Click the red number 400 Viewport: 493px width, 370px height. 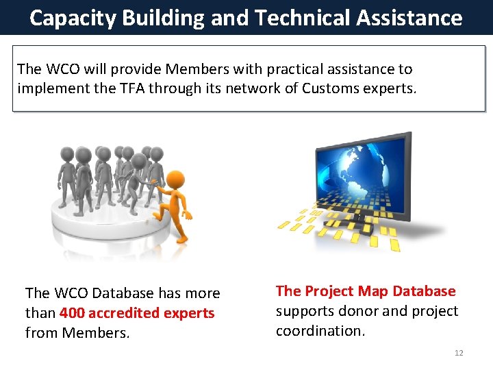(73, 313)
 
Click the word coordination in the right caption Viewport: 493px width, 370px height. (320, 331)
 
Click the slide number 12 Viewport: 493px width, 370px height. (459, 353)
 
